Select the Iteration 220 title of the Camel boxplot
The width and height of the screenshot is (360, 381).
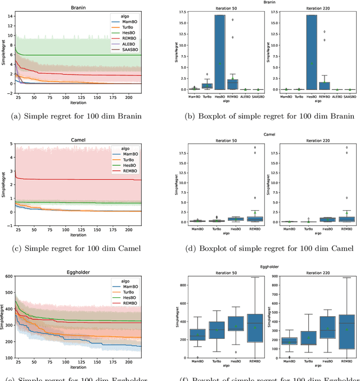pyautogui.click(x=312, y=142)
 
